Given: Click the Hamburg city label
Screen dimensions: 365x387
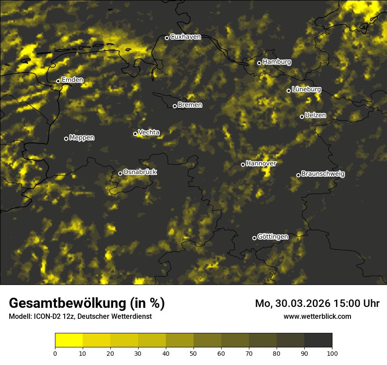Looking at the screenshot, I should click(277, 62).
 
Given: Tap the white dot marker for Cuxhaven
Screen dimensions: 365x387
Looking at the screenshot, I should click(167, 38).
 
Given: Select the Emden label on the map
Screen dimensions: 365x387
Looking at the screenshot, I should click(72, 80).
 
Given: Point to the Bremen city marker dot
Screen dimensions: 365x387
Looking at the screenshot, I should click(175, 106).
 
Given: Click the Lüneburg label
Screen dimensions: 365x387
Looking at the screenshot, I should click(306, 89).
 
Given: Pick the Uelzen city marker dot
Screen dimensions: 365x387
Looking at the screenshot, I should click(302, 117).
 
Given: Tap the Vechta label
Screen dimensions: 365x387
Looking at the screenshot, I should click(149, 132).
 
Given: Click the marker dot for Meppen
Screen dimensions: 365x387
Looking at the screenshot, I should click(66, 139).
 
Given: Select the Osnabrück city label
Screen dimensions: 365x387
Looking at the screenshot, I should click(140, 172).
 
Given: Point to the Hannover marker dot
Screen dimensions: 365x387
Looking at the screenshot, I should click(243, 164).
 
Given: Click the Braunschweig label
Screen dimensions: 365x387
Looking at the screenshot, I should click(323, 174).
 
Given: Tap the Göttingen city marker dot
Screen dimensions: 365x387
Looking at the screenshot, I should click(254, 238).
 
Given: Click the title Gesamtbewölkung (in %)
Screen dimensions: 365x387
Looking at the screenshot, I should click(87, 303).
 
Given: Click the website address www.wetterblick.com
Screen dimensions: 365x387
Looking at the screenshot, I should click(317, 316).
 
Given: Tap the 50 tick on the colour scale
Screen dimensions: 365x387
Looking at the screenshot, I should click(193, 353).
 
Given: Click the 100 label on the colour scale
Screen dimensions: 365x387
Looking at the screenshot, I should click(332, 353).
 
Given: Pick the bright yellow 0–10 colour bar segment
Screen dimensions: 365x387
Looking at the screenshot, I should click(69, 340).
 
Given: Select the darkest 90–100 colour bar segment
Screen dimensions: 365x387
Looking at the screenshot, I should click(318, 340).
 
